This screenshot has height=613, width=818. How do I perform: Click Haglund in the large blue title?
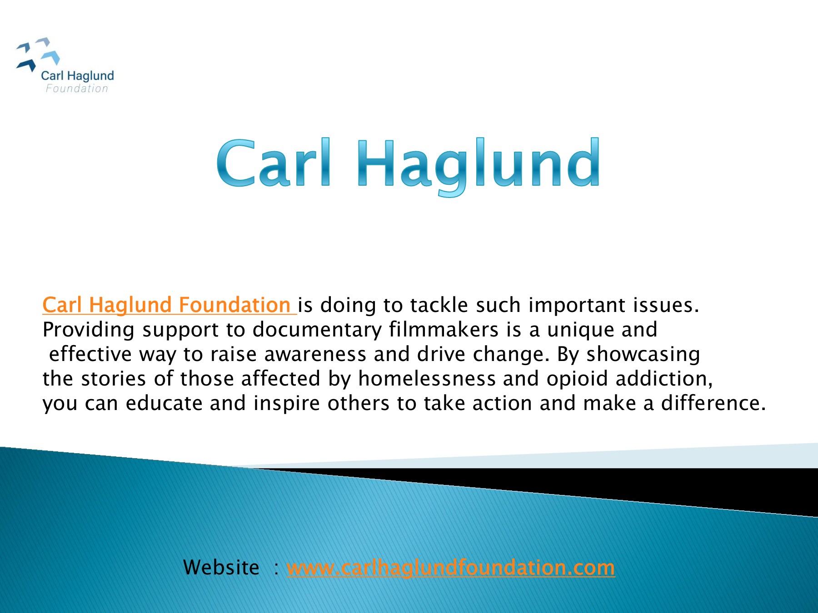point(479,167)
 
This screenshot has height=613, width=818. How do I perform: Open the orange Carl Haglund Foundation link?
point(169,305)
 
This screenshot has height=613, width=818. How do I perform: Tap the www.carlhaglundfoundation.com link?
point(451,568)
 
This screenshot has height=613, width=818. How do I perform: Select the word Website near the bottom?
point(221,568)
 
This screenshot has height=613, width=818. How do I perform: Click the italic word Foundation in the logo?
point(77,89)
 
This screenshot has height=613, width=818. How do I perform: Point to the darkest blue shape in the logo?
point(26,65)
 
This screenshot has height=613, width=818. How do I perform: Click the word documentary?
point(317,330)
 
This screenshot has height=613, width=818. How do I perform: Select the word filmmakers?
point(444,330)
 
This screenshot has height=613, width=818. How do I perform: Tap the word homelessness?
point(427,379)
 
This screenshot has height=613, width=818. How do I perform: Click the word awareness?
point(315,355)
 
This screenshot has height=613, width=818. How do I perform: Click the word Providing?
point(88,330)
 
